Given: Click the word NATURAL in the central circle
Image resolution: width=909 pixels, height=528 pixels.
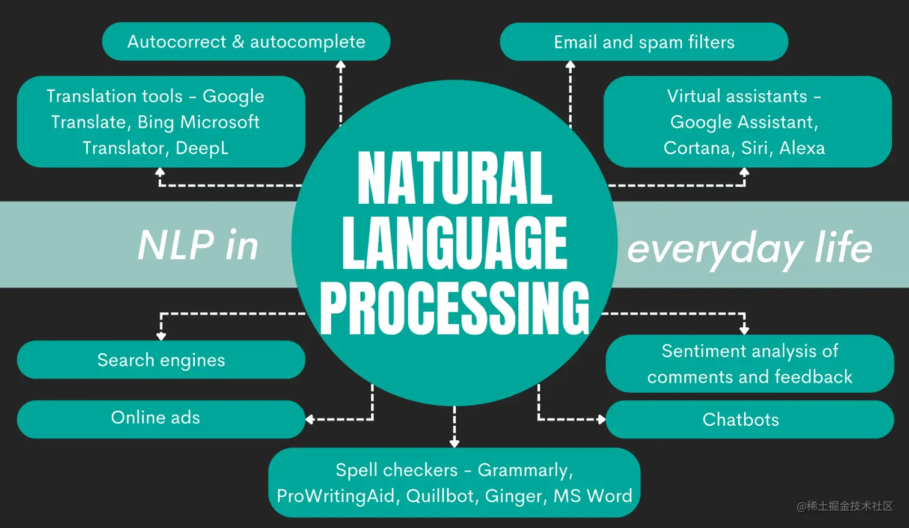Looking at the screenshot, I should coord(454,179).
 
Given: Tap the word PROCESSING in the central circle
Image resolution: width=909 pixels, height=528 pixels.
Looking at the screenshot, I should coord(454,308).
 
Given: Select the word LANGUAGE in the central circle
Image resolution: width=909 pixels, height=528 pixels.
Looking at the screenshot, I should coord(454,243).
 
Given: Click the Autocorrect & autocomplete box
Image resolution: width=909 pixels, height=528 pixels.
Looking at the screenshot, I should coord(246,41).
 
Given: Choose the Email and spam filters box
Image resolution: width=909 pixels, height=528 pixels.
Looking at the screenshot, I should coord(644,42).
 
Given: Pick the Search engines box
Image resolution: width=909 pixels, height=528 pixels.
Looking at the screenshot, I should coord(161,360).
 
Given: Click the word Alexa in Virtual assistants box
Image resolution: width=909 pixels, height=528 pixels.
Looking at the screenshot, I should coord(802,148).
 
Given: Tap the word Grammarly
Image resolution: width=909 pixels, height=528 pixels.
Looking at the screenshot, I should coord(525,470).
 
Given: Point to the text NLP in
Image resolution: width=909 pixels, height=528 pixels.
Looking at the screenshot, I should coord(198,245).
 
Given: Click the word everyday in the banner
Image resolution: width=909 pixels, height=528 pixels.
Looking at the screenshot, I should coord(715,248).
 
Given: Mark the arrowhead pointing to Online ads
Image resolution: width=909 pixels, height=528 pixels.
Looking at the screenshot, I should coord(310,419).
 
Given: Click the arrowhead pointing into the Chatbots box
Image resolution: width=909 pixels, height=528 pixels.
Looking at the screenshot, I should coord(601,419).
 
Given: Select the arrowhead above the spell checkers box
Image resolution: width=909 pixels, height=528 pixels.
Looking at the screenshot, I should coord(454,443).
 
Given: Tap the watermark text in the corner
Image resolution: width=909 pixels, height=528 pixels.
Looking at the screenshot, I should coord(845,506).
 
